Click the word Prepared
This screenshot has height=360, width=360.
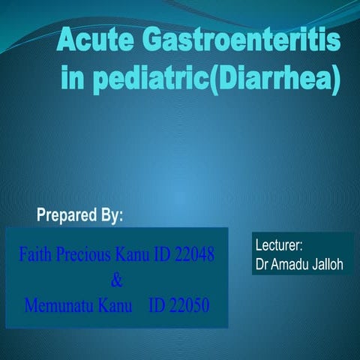click(67, 216)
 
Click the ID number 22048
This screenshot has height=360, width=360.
click(194, 255)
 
